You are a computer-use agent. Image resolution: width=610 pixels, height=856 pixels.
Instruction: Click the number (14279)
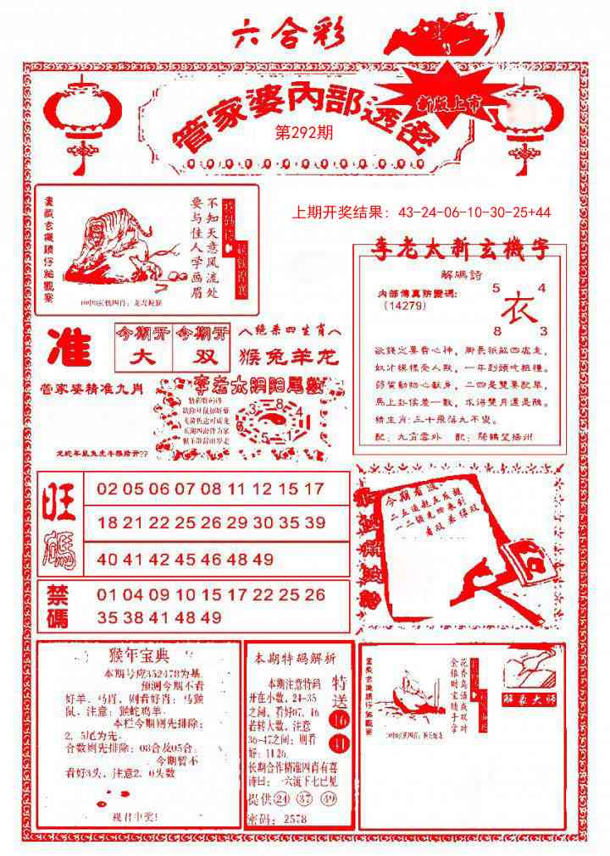tap(405, 306)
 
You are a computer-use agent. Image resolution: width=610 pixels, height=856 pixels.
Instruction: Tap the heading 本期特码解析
tap(290, 658)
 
